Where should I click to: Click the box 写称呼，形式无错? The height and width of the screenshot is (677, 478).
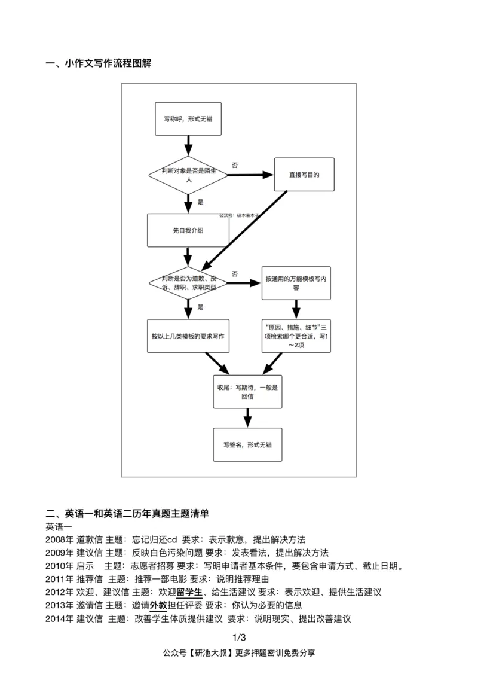[x=188, y=119]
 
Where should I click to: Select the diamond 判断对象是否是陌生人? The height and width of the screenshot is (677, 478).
[x=188, y=175]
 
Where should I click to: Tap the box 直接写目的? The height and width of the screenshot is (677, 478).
[x=304, y=175]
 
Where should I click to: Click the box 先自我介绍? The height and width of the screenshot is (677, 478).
[x=188, y=230]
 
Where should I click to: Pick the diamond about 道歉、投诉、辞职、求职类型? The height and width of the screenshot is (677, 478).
[x=188, y=282]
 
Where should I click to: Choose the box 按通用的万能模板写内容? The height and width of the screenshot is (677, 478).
[x=296, y=282]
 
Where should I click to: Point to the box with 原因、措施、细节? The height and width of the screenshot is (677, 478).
[x=296, y=336]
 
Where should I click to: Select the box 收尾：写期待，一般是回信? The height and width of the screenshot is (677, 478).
[x=247, y=391]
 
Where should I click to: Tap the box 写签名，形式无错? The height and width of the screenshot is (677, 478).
[x=247, y=444]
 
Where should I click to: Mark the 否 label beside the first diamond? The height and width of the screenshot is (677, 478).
[x=235, y=164]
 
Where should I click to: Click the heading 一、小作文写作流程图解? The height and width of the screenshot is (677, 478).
[x=99, y=63]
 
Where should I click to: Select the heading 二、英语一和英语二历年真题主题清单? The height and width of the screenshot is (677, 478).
[x=127, y=513]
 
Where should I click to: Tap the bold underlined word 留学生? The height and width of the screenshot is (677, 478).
[x=189, y=592]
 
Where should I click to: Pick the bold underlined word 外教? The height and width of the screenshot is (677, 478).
[x=158, y=605]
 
